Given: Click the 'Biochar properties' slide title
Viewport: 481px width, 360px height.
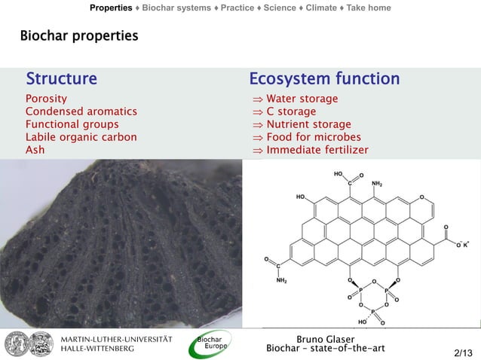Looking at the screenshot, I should [79, 35].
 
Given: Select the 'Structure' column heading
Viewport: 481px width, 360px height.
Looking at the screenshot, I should [61, 79].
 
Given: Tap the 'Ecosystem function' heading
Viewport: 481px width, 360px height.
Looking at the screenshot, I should [324, 79].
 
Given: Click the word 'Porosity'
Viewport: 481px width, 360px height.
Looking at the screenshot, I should [46, 99].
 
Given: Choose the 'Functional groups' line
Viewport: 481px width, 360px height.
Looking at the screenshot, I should [72, 124].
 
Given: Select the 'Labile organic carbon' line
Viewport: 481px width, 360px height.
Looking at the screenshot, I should [81, 137].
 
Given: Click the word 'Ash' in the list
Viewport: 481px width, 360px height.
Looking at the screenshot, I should [35, 150].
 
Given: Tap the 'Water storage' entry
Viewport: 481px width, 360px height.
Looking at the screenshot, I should [302, 99].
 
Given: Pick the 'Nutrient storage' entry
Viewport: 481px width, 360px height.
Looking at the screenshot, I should [308, 124].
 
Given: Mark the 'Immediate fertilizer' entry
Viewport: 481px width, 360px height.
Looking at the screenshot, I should [317, 150].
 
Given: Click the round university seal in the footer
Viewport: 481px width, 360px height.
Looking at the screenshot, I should [19, 343].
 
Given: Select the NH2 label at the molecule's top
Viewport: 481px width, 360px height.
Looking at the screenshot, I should [377, 183].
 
